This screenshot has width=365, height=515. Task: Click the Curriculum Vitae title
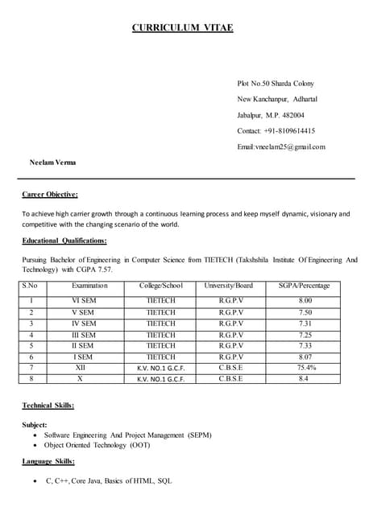[x=183, y=28]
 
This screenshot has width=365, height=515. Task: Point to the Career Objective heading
[x=50, y=194]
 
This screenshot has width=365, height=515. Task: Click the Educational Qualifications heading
[x=64, y=241]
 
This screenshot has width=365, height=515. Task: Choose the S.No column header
[x=31, y=286]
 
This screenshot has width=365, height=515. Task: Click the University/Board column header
[x=230, y=286]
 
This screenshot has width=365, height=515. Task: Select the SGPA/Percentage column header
[x=305, y=286]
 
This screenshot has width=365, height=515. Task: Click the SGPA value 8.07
[x=305, y=356]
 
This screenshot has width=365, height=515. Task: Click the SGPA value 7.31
[x=305, y=323]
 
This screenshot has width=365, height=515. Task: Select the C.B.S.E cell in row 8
[x=230, y=378]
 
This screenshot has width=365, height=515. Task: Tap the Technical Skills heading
[x=48, y=406]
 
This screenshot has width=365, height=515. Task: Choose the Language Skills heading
[x=48, y=461]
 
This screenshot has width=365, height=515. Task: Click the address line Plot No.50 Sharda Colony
[x=276, y=84]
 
